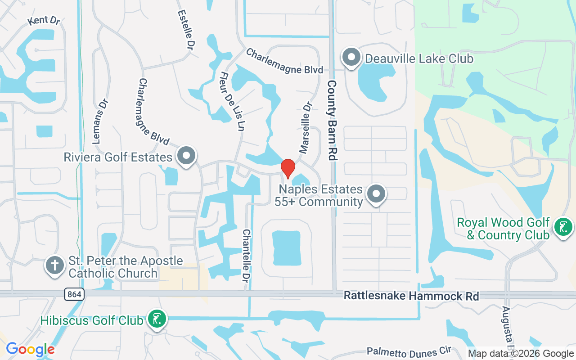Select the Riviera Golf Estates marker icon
coord(186,157)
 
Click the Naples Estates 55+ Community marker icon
coord(376,194)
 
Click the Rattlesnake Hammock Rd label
coord(411,296)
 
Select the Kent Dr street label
coord(44,21)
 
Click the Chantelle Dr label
coord(246,253)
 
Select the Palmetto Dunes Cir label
coord(409,351)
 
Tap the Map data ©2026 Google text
coord(521,354)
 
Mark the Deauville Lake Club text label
coord(419,58)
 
